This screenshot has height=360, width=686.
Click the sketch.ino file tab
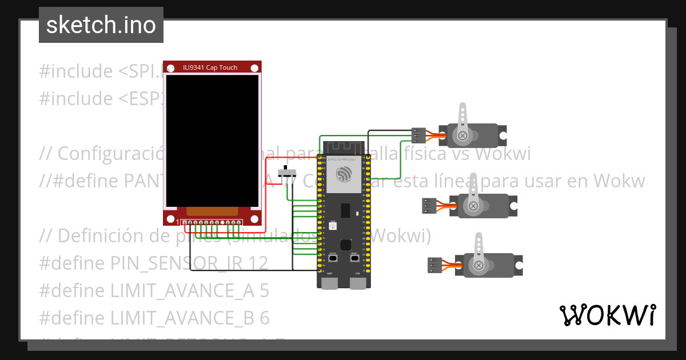point(101,25)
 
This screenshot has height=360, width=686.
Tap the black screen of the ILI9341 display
point(212,140)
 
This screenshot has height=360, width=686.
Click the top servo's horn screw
point(462,135)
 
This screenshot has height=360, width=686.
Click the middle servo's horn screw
point(473,206)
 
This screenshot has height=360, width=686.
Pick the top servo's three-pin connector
point(418,135)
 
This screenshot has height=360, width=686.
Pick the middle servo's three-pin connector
point(429,206)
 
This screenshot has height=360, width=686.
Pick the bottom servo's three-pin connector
point(435,265)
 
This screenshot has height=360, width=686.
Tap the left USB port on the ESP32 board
point(330,282)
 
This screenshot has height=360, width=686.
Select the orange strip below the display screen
point(212,211)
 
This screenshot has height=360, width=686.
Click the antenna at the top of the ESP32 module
point(343,147)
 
